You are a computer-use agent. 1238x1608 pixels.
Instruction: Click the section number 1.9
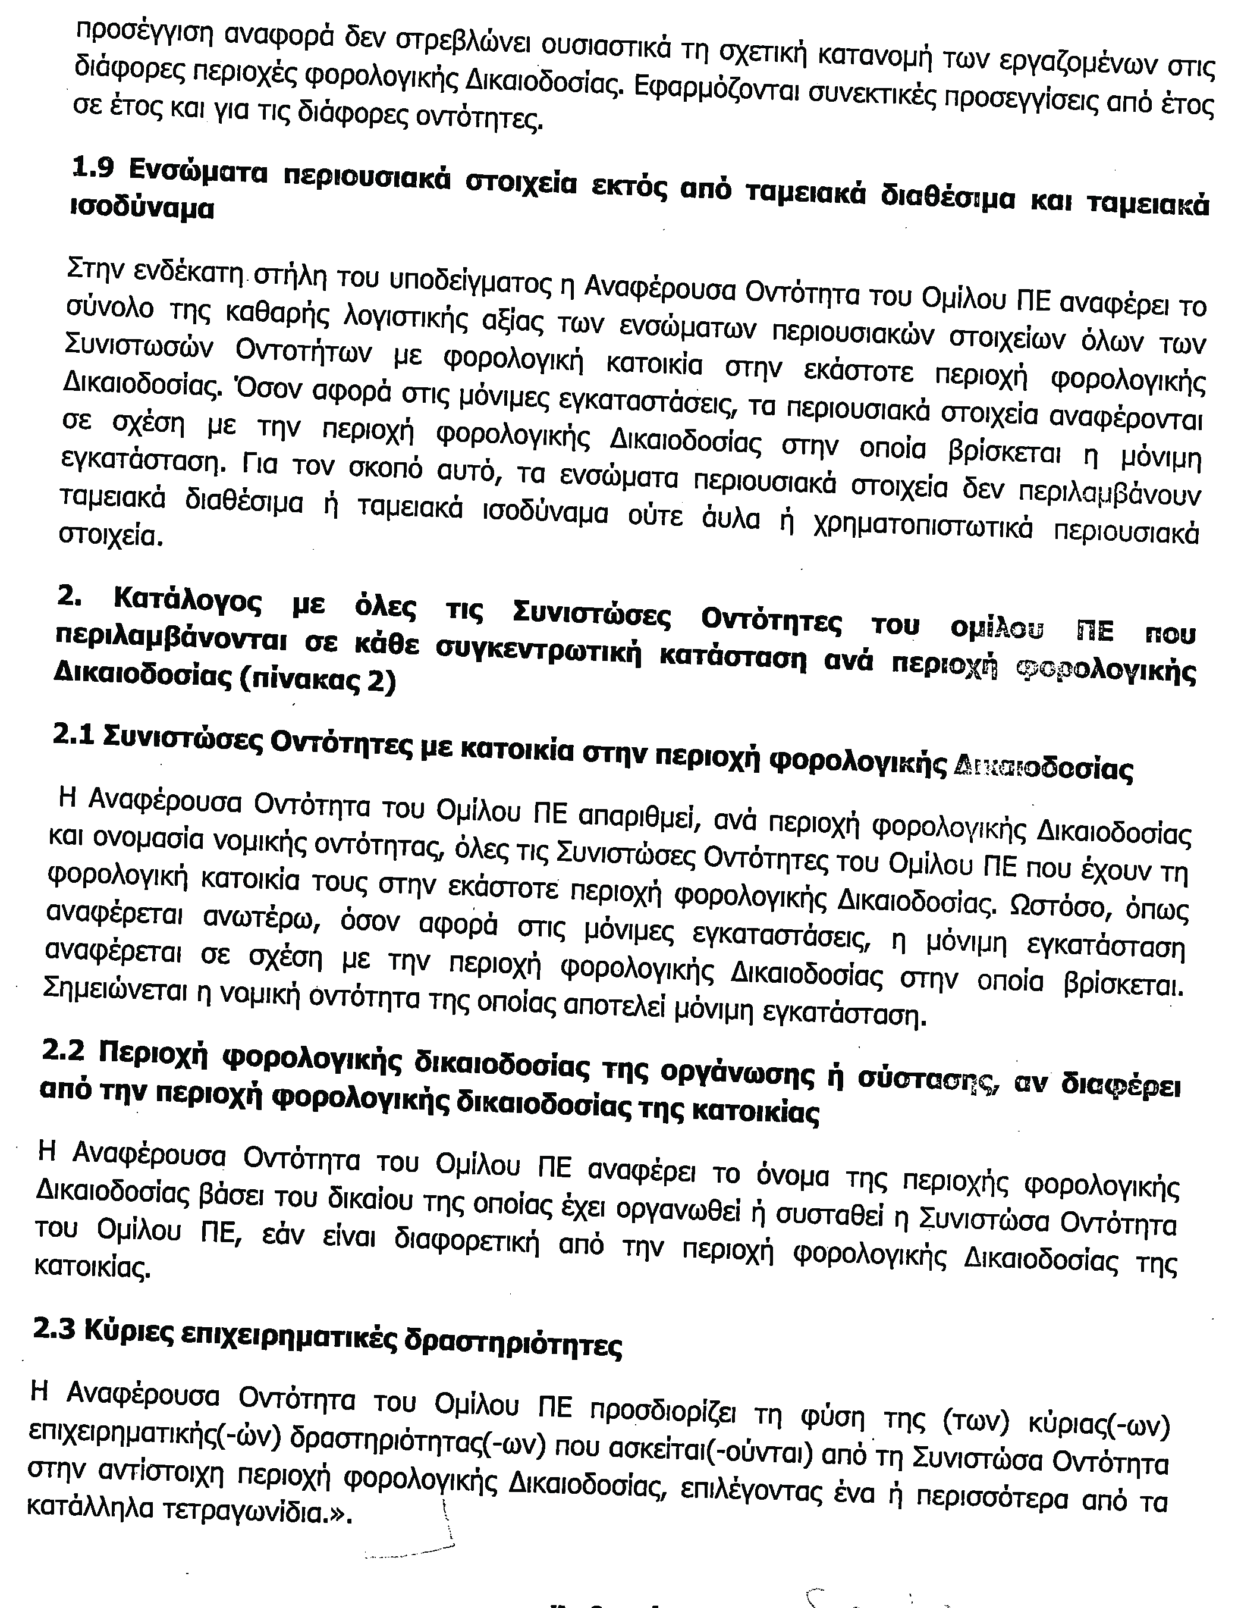pyautogui.click(x=93, y=170)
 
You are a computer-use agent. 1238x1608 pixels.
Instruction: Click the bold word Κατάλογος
pyautogui.click(x=188, y=601)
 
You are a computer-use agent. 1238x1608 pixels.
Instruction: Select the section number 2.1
pyautogui.click(x=74, y=735)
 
